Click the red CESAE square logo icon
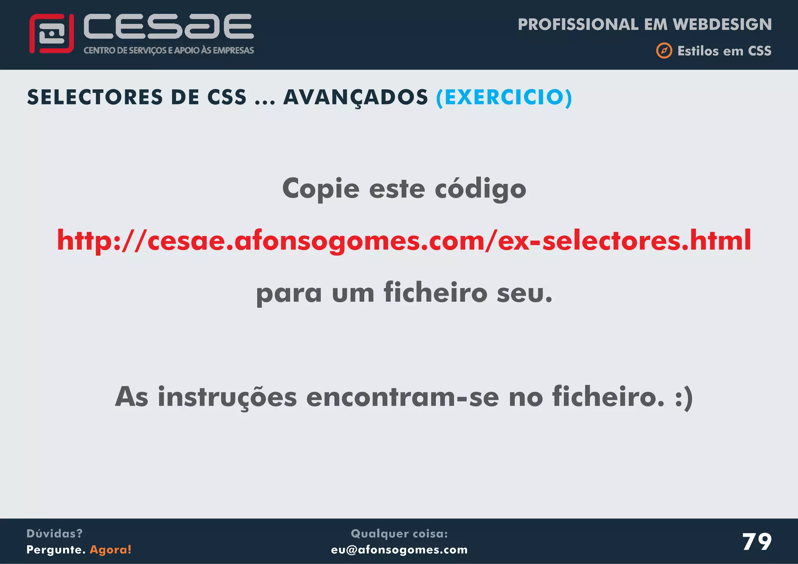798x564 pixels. (x=51, y=33)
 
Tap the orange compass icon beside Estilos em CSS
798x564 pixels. (x=664, y=51)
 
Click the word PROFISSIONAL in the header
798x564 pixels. (x=578, y=25)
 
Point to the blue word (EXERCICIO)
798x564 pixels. (x=504, y=97)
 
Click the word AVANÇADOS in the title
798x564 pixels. (x=355, y=97)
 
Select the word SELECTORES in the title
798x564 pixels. (x=95, y=97)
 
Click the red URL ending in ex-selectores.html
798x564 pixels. (x=404, y=240)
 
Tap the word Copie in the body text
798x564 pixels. (x=321, y=189)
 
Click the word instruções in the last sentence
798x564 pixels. (x=227, y=397)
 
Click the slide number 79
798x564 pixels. (x=757, y=542)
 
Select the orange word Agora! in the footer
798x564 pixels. (x=111, y=550)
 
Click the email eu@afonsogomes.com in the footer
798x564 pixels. (x=399, y=550)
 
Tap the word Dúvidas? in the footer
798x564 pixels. (x=55, y=534)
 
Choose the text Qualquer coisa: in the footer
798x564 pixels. (x=399, y=534)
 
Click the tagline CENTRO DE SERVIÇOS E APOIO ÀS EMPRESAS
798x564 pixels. (x=169, y=51)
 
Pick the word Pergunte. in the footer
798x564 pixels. (x=56, y=550)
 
